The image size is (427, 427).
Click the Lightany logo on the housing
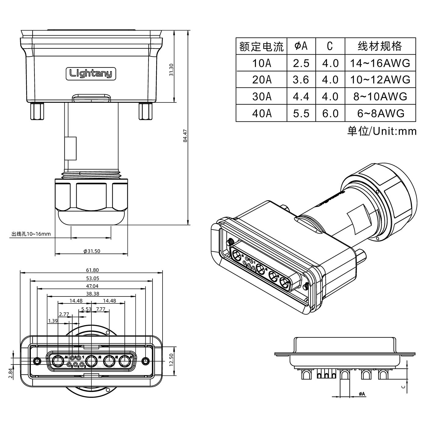[91, 74]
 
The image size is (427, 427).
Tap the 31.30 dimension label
[171, 70]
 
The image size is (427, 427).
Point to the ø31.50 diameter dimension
[92, 251]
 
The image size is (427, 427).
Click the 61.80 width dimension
[92, 270]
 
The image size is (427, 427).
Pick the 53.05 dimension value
[92, 278]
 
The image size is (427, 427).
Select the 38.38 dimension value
[92, 294]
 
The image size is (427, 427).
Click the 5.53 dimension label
[86, 309]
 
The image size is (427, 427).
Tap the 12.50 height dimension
[171, 360]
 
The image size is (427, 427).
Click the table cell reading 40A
[261, 113]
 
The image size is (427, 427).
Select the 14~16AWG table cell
[380, 63]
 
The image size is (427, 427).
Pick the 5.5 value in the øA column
[301, 113]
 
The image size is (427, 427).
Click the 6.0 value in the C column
[330, 113]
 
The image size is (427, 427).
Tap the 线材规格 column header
[380, 46]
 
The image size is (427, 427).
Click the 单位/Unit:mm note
[382, 131]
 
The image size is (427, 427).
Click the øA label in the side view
[362, 394]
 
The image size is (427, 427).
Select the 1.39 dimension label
[53, 321]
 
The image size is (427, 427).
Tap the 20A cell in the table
[261, 80]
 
